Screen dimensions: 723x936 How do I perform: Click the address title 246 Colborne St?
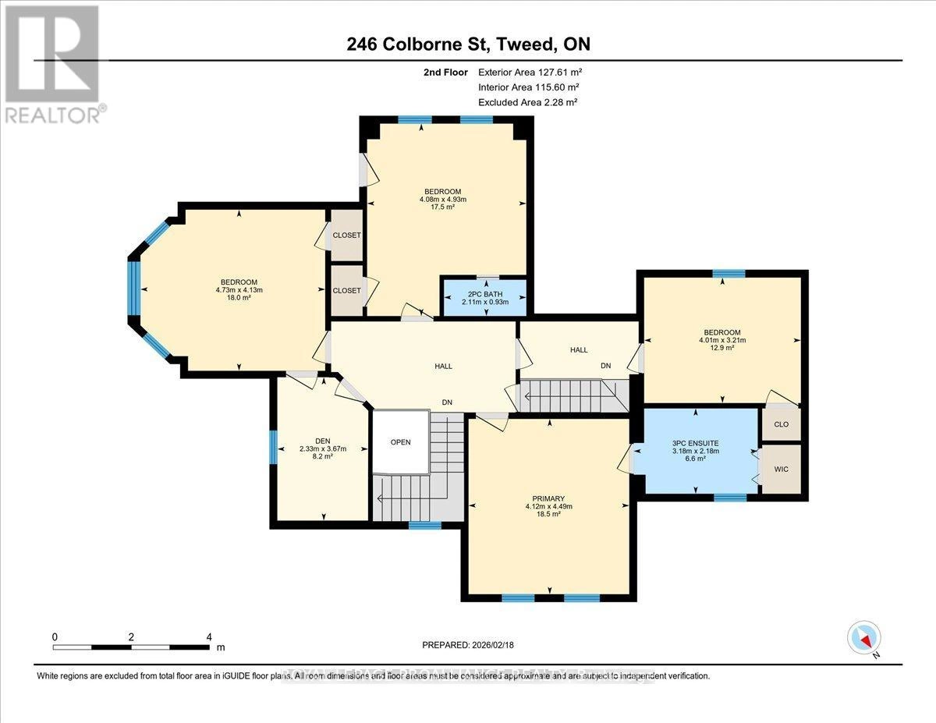[468, 44]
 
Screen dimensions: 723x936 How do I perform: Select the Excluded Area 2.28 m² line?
[527, 102]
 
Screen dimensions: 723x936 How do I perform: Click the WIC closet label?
[781, 470]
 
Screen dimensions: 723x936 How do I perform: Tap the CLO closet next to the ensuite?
[781, 426]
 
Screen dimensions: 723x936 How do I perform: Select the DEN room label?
[321, 440]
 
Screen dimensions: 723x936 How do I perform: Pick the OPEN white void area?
[400, 441]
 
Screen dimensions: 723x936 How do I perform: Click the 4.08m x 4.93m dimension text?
[442, 200]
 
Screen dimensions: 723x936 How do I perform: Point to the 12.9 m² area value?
[721, 349]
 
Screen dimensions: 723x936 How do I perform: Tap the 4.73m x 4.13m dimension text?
[239, 290]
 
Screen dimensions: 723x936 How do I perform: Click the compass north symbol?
[863, 638]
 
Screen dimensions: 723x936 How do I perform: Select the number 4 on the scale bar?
[208, 637]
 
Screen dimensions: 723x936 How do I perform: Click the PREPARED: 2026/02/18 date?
[469, 645]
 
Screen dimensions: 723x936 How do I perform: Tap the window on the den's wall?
[272, 448]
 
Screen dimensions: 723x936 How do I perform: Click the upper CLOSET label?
[346, 235]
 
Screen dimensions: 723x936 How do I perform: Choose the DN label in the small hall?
[604, 366]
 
